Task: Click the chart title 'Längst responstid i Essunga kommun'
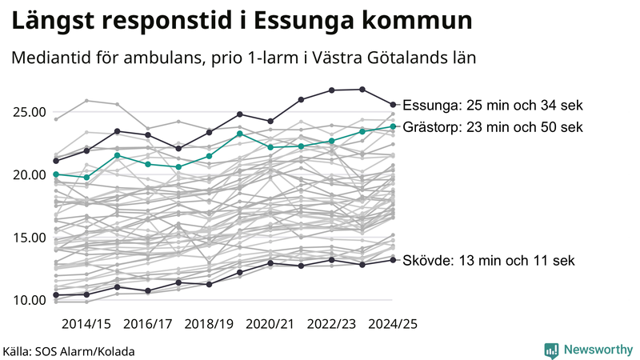tap(241, 22)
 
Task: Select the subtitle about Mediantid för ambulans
tap(244, 59)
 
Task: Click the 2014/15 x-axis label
tap(86, 323)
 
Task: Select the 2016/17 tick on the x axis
tap(148, 323)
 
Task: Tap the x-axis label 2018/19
tap(210, 323)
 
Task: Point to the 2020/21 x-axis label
tap(270, 323)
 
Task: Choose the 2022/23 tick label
tap(332, 323)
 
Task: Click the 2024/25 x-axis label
tap(393, 323)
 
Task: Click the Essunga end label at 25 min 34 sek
tap(493, 106)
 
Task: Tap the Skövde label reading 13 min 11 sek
tap(488, 261)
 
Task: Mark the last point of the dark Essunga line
tap(393, 104)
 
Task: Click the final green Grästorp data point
tap(393, 126)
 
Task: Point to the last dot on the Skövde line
tap(393, 259)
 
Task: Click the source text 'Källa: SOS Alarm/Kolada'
tap(69, 351)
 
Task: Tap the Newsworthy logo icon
tap(551, 350)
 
